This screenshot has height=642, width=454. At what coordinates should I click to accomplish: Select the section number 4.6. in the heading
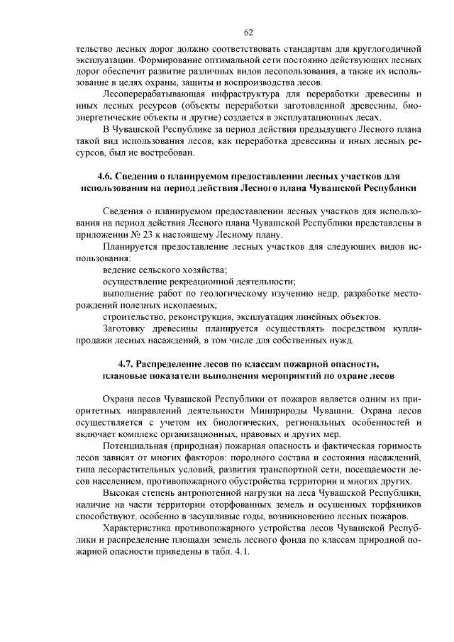(x=106, y=175)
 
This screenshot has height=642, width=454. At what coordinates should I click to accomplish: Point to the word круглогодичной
(x=389, y=49)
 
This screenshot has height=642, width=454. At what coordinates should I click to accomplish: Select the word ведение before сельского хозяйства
(x=118, y=270)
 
